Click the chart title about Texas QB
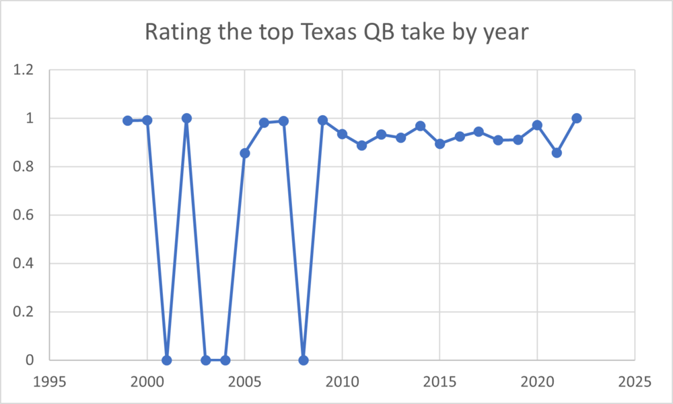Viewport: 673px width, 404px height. (336, 32)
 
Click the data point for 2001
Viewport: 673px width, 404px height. (167, 360)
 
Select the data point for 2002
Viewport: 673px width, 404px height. (186, 119)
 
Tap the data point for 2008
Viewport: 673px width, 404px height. (304, 360)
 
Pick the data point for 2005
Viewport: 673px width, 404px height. (245, 153)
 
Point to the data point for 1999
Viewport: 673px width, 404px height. (128, 121)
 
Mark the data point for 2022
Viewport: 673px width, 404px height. (577, 119)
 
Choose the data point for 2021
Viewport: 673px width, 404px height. (557, 153)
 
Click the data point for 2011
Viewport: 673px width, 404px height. (362, 145)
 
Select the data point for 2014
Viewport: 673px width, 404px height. (421, 126)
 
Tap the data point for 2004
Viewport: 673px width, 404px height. (225, 360)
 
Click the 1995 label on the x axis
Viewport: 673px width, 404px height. (50, 381)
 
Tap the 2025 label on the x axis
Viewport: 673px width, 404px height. (635, 381)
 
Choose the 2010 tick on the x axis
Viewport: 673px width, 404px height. (343, 381)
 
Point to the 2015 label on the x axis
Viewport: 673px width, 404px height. (440, 381)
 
